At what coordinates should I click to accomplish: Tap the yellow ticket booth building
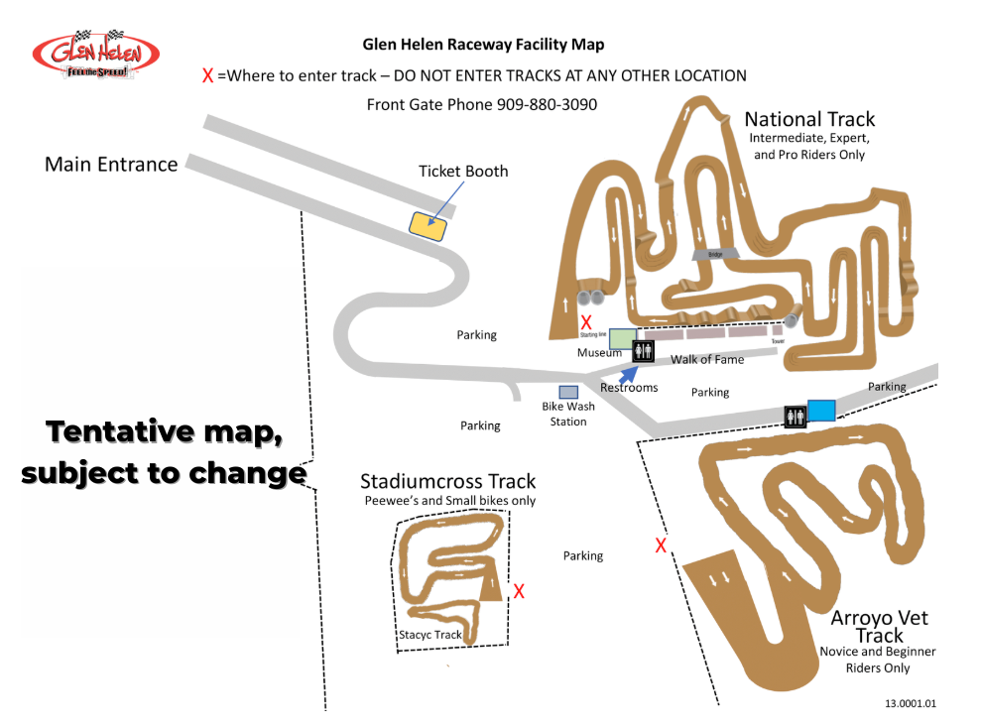(429, 224)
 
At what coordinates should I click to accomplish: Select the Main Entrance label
(111, 165)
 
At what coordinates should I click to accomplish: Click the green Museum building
(623, 339)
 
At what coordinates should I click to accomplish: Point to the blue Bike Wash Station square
(568, 392)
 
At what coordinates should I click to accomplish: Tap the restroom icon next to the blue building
(795, 417)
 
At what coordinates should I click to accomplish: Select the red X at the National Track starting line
(586, 322)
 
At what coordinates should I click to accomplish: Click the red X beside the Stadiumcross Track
(518, 592)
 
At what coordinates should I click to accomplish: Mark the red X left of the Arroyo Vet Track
(661, 545)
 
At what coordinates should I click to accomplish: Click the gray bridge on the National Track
(715, 254)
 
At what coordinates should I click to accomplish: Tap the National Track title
(808, 119)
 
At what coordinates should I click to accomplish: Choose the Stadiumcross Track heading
(447, 481)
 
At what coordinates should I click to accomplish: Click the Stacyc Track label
(430, 635)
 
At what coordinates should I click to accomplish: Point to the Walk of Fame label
(707, 359)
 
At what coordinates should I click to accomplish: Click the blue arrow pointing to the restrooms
(627, 375)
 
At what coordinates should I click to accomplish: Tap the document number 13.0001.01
(911, 703)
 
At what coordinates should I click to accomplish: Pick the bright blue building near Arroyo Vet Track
(821, 409)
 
